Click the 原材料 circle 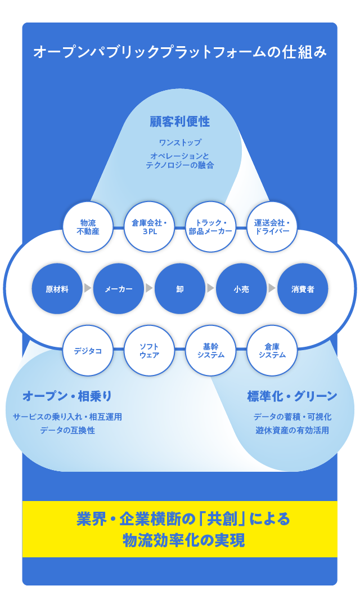pyautogui.click(x=57, y=289)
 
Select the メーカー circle pyautogui.click(x=119, y=289)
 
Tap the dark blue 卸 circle pyautogui.click(x=180, y=289)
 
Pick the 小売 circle pyautogui.click(x=241, y=289)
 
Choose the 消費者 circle pyautogui.click(x=303, y=289)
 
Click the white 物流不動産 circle pyautogui.click(x=88, y=227)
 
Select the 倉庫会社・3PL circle pyautogui.click(x=149, y=227)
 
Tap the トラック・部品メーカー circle pyautogui.click(x=211, y=227)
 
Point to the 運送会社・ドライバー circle pyautogui.click(x=272, y=227)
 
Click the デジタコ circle pyautogui.click(x=88, y=351)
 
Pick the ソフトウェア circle pyautogui.click(x=149, y=351)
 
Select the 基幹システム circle pyautogui.click(x=211, y=351)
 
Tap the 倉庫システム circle pyautogui.click(x=272, y=351)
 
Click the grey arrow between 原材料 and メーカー pyautogui.click(x=88, y=288)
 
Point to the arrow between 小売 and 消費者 pyautogui.click(x=272, y=288)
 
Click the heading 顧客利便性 pyautogui.click(x=180, y=122)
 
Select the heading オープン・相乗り pyautogui.click(x=67, y=396)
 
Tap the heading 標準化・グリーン pyautogui.click(x=292, y=396)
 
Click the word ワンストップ pyautogui.click(x=180, y=142)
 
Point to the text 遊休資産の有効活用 pyautogui.click(x=292, y=430)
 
